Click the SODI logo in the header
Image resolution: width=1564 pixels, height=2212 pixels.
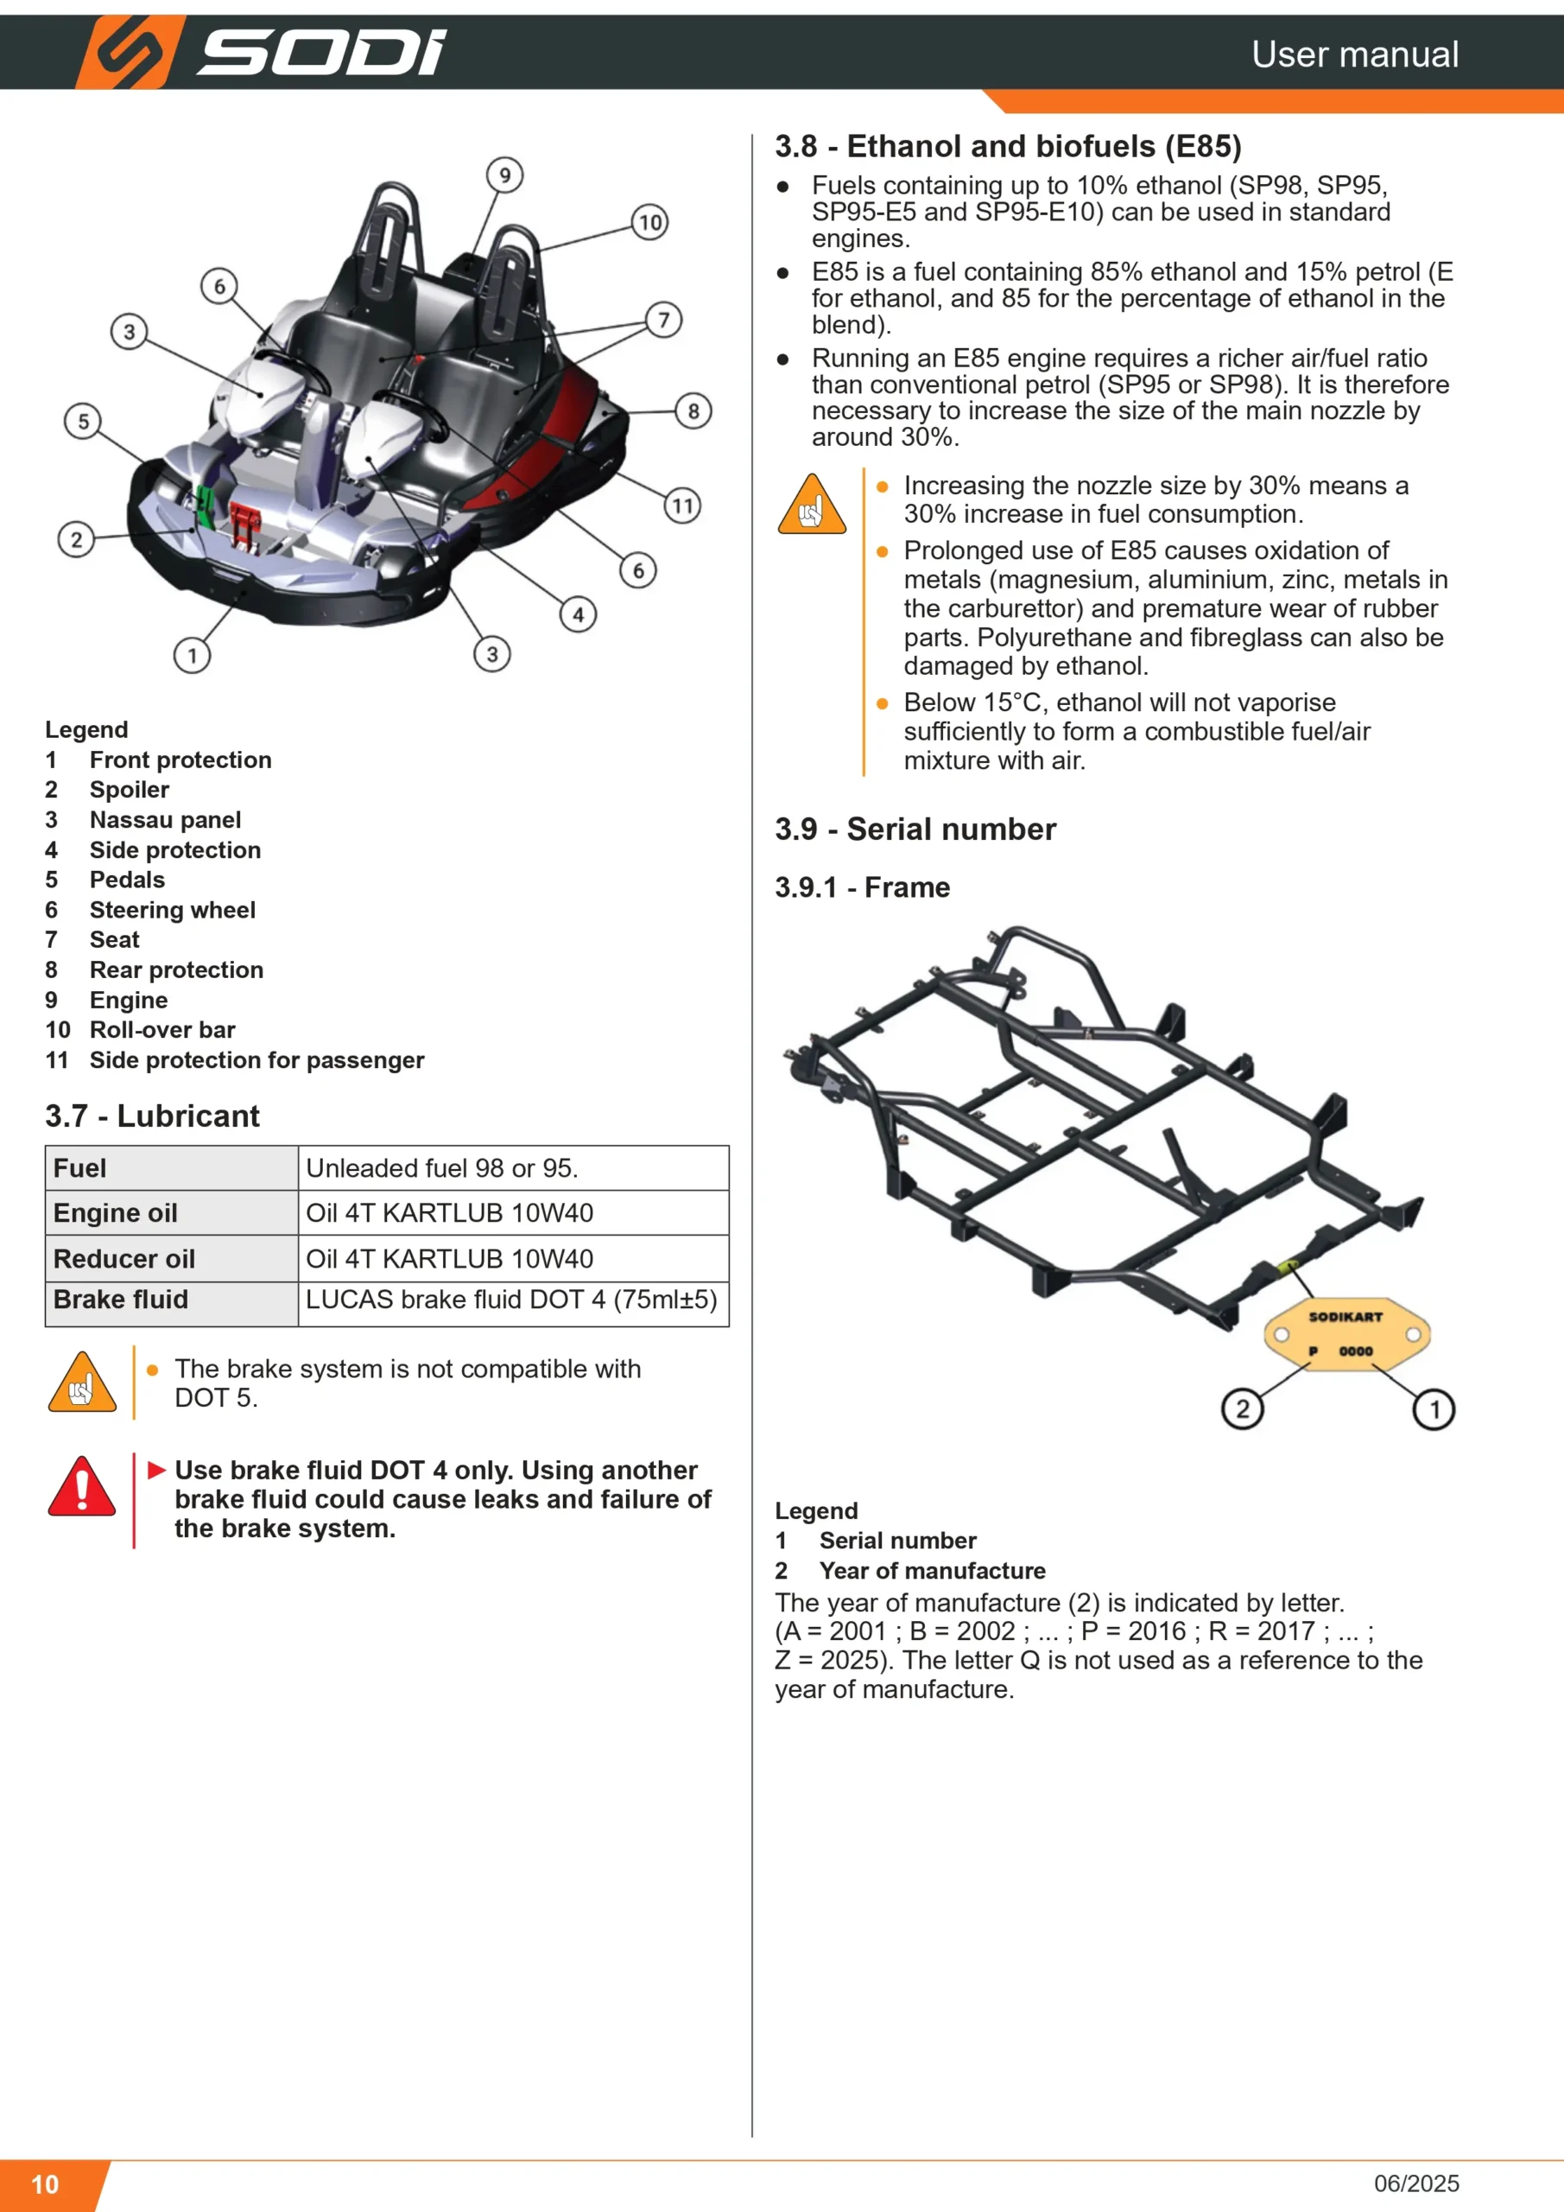point(261,52)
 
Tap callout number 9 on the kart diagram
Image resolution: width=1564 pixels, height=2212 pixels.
point(504,175)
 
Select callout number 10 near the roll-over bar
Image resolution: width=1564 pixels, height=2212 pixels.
point(650,223)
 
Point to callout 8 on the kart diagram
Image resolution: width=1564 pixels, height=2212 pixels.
point(693,411)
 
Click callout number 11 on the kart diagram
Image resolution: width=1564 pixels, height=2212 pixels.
point(683,505)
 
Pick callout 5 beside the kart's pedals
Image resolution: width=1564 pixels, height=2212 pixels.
point(83,421)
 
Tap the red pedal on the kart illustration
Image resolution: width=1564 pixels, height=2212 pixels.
point(244,526)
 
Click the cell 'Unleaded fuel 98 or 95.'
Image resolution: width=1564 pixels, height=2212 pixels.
point(442,1168)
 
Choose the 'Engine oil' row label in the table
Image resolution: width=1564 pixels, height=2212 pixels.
point(116,1213)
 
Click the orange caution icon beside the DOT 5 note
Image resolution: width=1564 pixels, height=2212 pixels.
point(82,1382)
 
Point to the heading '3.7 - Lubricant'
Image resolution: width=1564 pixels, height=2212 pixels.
point(152,1116)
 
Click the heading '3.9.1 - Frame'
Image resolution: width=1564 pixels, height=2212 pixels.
point(862,887)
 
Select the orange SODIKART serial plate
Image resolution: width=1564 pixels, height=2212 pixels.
point(1346,1333)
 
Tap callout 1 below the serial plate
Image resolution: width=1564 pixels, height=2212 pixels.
point(1434,1410)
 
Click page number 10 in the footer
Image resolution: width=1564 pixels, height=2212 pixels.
point(45,2184)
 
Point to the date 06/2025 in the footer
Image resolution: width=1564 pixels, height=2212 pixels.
point(1416,2183)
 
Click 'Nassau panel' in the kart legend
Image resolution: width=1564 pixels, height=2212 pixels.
point(166,820)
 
